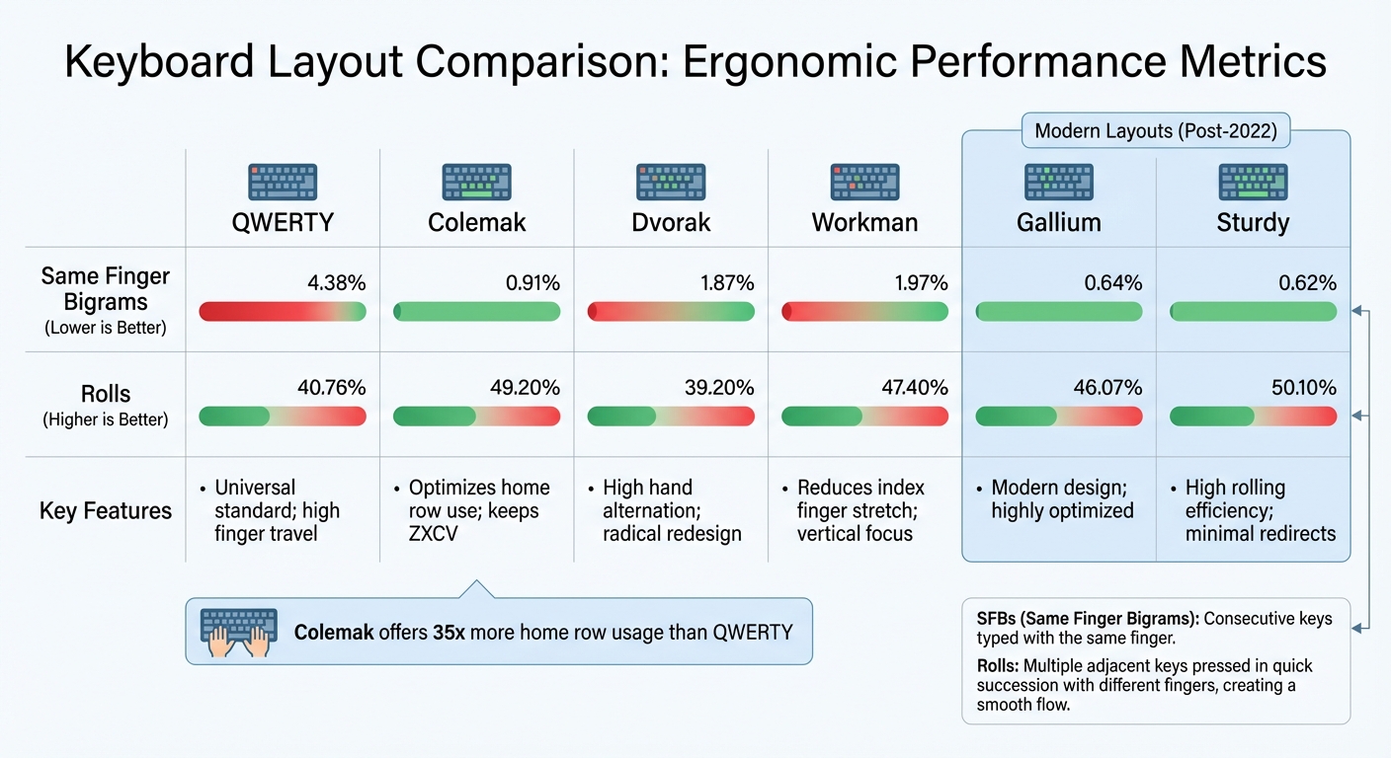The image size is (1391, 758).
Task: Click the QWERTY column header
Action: point(283,222)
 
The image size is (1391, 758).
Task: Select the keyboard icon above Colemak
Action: point(476,183)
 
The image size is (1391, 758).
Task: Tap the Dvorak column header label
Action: point(671,222)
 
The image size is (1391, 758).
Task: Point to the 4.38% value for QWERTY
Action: point(337,283)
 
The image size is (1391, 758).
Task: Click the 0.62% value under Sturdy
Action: point(1308,283)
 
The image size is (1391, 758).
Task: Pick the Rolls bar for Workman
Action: point(864,417)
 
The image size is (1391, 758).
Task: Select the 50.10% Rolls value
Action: point(1304,388)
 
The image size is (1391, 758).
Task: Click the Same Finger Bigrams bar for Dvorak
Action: point(671,312)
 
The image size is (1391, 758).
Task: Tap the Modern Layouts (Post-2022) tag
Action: point(1155,130)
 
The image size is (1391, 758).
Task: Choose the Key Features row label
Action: point(106,510)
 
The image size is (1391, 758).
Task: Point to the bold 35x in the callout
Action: point(449,632)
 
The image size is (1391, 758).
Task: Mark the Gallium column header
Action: point(1058,222)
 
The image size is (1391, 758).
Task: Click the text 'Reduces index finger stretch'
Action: point(860,499)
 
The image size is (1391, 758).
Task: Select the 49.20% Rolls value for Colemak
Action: point(525,388)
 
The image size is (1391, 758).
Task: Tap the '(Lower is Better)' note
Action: point(106,329)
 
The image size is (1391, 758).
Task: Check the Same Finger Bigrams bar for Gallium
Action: point(1058,312)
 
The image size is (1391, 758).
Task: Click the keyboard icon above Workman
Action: point(864,183)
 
